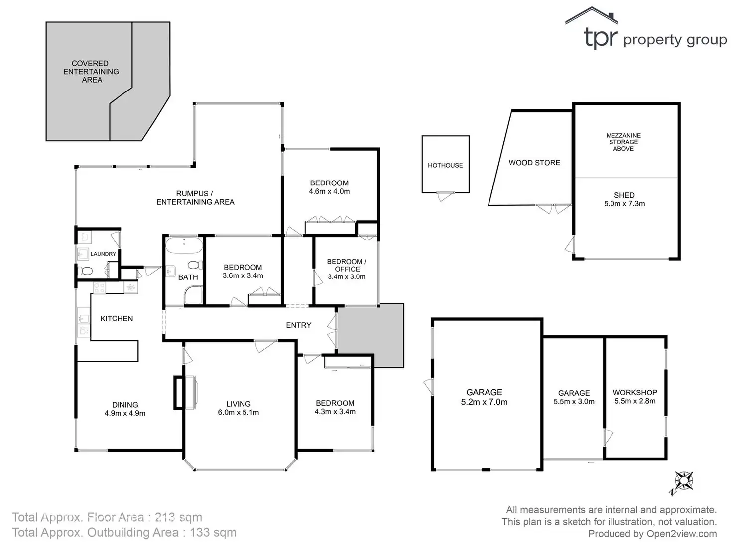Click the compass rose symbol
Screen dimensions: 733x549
pos(684,481)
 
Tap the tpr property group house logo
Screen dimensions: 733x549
pos(591,15)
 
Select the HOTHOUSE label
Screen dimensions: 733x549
pos(445,165)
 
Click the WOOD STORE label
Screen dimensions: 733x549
pos(534,163)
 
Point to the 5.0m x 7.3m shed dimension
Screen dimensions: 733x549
pos(624,204)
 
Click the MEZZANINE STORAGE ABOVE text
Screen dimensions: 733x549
pos(623,142)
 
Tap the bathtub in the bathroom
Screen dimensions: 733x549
pos(184,245)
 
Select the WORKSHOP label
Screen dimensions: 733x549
pos(635,392)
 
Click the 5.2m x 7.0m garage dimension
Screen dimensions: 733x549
pos(484,402)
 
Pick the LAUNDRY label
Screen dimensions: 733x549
pos(103,254)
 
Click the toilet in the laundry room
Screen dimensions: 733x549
pos(85,271)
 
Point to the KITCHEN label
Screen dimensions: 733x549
pos(117,318)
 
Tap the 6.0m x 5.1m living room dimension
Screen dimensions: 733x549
pos(239,412)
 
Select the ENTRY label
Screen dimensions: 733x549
pos(299,325)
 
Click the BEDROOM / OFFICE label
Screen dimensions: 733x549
pos(346,265)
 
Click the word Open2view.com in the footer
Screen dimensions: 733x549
pos(682,533)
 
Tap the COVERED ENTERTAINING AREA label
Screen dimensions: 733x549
pos(91,71)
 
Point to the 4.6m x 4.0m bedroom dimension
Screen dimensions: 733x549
pos(329,191)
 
